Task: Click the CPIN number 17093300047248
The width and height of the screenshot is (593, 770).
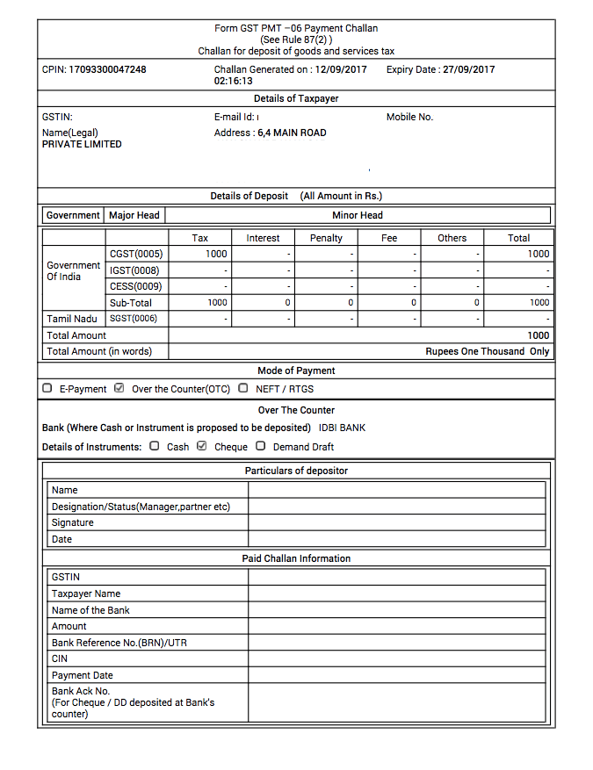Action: coord(107,69)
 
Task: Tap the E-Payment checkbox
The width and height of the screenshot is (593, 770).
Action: coord(47,388)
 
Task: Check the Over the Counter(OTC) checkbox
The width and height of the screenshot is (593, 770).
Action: coord(119,388)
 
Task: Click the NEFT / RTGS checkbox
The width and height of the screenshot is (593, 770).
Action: coord(243,388)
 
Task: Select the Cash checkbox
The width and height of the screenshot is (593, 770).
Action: coord(155,446)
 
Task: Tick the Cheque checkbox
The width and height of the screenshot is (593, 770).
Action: coord(202,446)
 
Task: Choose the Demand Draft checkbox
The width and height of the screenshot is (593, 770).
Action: coord(261,446)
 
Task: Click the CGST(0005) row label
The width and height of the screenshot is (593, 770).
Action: coord(136,254)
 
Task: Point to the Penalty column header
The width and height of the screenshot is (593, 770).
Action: coord(326,238)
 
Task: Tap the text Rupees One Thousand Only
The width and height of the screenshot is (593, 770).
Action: coord(487,351)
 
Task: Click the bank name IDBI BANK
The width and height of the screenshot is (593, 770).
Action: coord(342,428)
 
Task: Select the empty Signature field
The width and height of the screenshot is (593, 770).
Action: coord(396,522)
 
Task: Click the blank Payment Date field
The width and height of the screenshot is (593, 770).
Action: coord(396,675)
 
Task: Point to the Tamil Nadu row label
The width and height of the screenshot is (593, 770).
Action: coord(72,319)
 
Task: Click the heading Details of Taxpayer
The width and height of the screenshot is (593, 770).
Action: coord(296,99)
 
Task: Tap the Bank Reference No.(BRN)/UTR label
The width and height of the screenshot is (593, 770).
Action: coord(119,643)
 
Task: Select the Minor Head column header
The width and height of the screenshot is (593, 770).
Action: coord(357,215)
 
